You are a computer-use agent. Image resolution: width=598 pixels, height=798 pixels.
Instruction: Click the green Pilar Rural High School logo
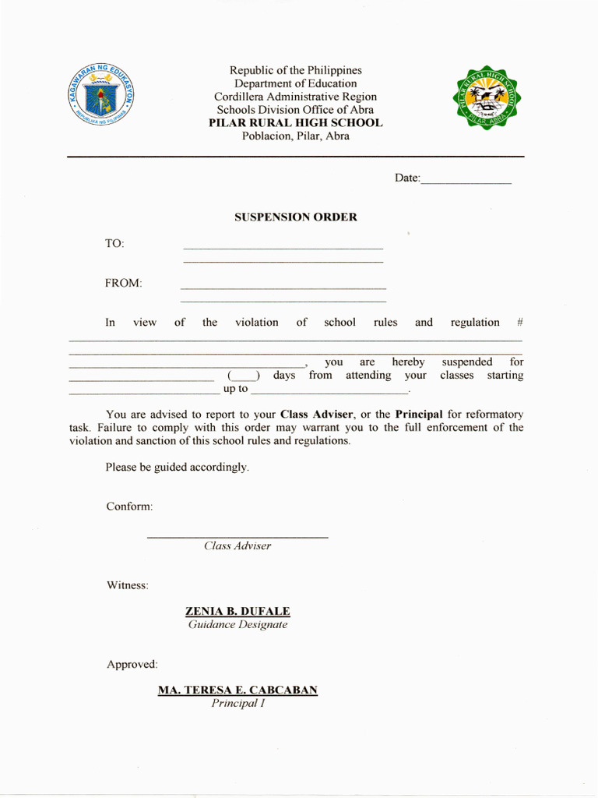[487, 97]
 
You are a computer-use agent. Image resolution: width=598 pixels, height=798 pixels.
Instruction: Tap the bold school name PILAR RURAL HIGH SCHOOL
[295, 123]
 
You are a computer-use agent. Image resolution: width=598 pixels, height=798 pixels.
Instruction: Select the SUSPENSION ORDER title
[296, 217]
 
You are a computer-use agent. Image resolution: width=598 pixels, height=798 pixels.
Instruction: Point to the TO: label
[114, 244]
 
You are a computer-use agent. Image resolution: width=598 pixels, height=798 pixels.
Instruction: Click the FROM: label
[124, 284]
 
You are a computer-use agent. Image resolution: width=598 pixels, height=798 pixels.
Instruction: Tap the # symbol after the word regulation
[519, 323]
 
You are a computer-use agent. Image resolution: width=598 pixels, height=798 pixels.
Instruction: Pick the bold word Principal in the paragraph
[419, 415]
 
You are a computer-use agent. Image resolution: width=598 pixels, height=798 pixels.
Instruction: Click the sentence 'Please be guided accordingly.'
[178, 468]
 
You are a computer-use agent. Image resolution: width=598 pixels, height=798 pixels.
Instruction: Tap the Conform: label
[129, 507]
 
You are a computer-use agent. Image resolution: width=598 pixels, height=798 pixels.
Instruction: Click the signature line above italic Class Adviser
[237, 537]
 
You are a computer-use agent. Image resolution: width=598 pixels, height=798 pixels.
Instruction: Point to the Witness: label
[128, 585]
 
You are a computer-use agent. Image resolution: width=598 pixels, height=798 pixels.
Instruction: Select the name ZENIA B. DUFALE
[237, 612]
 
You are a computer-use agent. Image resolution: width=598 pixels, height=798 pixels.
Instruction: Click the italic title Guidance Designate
[237, 625]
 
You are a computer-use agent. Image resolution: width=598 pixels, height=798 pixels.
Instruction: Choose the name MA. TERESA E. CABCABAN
[237, 690]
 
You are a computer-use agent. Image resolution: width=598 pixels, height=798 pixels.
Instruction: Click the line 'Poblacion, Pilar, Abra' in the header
[295, 136]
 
